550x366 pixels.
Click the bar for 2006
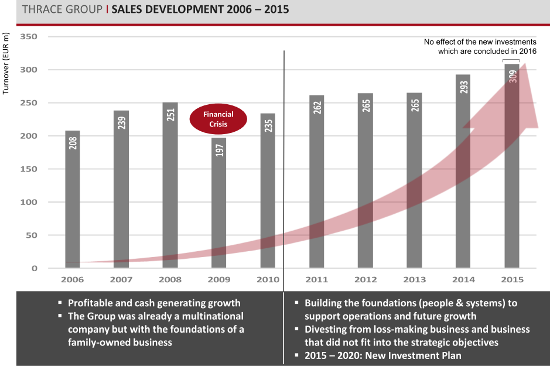click(73, 199)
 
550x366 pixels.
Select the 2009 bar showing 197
click(219, 202)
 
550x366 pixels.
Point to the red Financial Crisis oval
click(218, 119)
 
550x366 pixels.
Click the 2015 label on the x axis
click(512, 279)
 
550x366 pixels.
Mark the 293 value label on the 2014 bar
click(463, 85)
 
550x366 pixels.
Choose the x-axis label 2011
click(316, 279)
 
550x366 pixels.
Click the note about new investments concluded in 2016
click(480, 47)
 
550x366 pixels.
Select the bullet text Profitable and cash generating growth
click(154, 303)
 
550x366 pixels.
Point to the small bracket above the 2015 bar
click(511, 61)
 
